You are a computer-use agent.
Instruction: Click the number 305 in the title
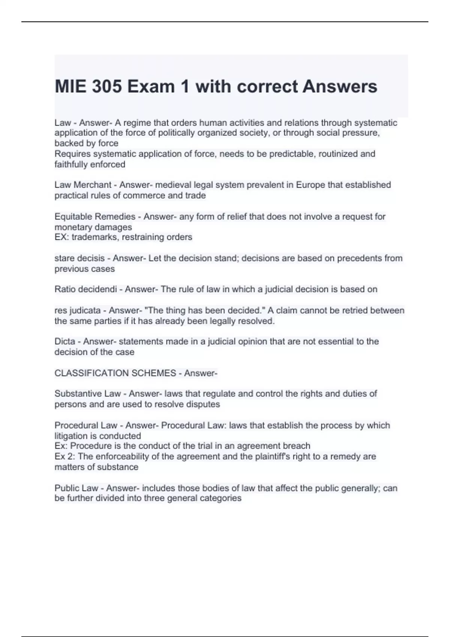(x=107, y=87)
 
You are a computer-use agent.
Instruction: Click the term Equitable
(x=73, y=217)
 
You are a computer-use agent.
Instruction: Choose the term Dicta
(x=65, y=341)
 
